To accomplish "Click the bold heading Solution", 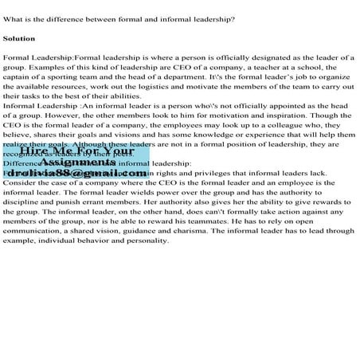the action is [x=19, y=38].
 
